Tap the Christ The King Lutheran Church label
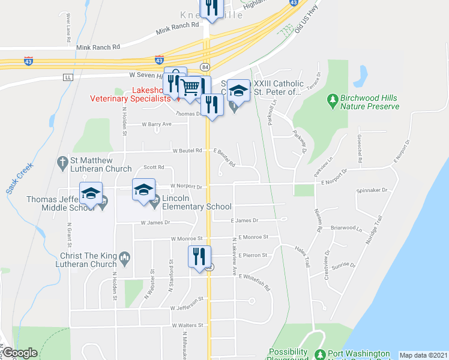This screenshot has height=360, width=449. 83,259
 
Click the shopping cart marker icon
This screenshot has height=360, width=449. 191,88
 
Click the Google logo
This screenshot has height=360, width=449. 20,353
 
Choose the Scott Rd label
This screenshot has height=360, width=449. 153,167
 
